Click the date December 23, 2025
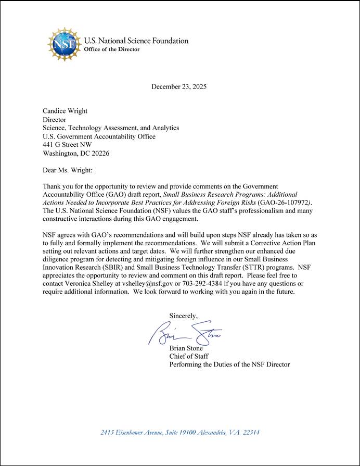pyautogui.click(x=179, y=86)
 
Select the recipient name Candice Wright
pyautogui.click(x=65, y=111)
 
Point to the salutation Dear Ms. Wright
pyautogui.click(x=67, y=170)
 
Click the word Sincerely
pyautogui.click(x=184, y=316)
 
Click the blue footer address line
pyautogui.click(x=180, y=432)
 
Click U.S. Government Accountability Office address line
pyautogui.click(x=99, y=136)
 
